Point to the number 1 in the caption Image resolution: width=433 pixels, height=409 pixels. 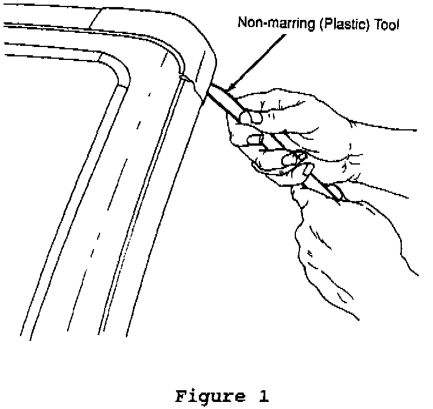263,396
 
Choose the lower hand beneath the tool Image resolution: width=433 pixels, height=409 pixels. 329,247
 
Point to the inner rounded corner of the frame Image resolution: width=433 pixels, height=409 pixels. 121,73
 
